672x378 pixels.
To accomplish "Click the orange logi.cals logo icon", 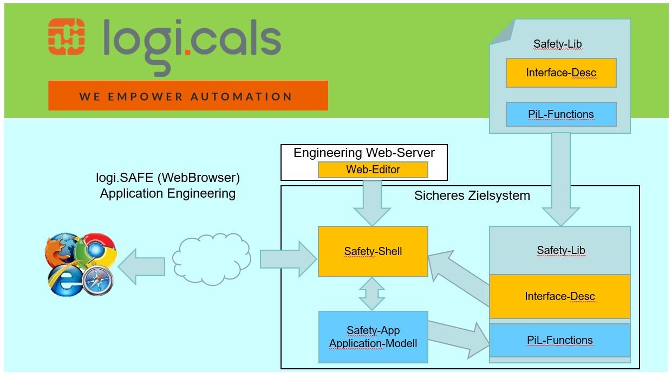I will (67, 36).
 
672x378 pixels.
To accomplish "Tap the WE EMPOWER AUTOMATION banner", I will (188, 96).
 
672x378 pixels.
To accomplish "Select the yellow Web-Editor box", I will (373, 170).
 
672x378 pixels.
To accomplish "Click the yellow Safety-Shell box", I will (373, 251).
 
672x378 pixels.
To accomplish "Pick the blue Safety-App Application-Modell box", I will (373, 337).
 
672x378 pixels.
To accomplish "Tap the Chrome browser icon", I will (96, 249).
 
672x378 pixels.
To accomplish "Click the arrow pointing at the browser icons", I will (141, 266).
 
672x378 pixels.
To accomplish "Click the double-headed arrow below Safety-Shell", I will (373, 294).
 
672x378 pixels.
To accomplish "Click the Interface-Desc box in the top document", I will (561, 73).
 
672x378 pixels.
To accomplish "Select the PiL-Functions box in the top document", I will (561, 114).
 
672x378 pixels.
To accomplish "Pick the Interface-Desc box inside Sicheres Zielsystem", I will (559, 296).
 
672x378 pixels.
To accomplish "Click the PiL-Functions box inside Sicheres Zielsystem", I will (559, 340).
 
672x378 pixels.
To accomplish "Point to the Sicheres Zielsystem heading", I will (472, 195).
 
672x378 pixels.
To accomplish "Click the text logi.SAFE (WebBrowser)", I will (167, 178).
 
